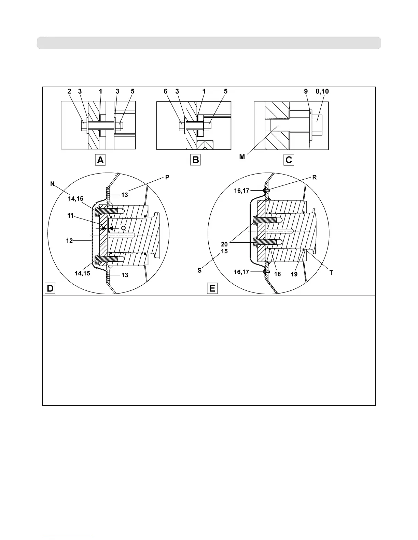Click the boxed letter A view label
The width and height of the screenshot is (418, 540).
(x=100, y=160)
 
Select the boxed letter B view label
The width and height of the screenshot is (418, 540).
(x=196, y=160)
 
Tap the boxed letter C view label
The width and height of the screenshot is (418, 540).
(x=289, y=160)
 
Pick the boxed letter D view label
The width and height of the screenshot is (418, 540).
(x=50, y=288)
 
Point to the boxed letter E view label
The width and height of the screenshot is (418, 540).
(x=212, y=288)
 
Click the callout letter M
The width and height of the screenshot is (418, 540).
(x=242, y=157)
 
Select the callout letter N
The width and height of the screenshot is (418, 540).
(x=52, y=184)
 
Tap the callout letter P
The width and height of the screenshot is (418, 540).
(x=167, y=177)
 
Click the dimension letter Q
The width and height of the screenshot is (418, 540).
(x=124, y=228)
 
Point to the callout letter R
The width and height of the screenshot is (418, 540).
(x=315, y=177)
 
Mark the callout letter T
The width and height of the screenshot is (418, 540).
(x=331, y=273)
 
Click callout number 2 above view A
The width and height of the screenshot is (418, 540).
(x=69, y=91)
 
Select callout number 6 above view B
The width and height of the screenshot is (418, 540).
(x=166, y=91)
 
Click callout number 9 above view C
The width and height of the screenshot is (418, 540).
(x=306, y=91)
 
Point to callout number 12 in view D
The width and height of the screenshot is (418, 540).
(x=69, y=241)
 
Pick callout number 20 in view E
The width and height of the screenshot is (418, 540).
(x=224, y=244)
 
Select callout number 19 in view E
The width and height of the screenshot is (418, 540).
(x=294, y=274)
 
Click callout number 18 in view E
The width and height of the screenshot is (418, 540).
(x=278, y=274)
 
